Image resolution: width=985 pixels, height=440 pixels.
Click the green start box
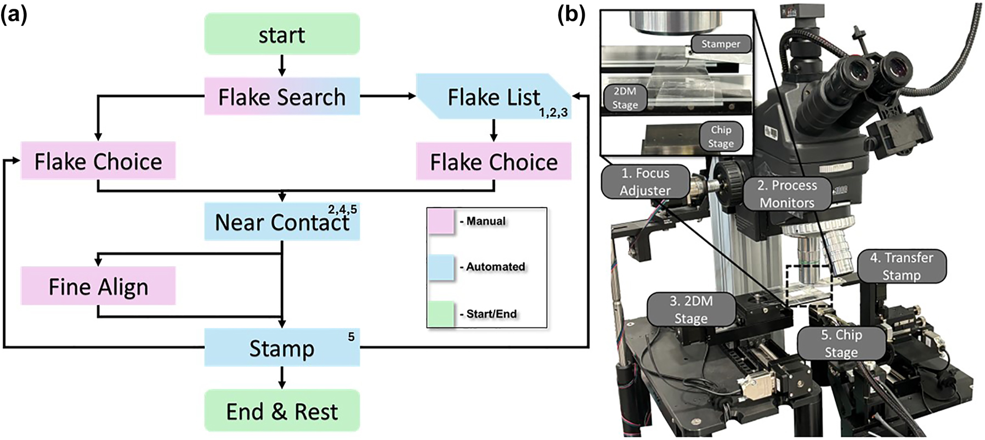coord(282,35)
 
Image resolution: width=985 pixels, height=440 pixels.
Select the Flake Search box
coord(282,97)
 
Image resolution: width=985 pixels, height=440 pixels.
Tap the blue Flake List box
coord(494,97)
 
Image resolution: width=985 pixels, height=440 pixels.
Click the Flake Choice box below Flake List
coord(494,162)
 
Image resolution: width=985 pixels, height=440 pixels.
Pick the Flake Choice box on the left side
coord(98,161)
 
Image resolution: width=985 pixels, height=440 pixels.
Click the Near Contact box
coord(282,222)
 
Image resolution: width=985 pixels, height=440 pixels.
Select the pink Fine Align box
coord(98,286)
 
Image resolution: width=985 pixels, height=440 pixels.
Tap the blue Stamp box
coord(282,348)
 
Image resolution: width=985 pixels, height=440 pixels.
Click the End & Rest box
coord(282,411)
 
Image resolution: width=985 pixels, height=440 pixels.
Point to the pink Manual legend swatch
coord(441,222)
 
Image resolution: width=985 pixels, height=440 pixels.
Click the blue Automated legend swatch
coord(441,267)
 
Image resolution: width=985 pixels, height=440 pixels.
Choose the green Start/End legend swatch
coord(441,314)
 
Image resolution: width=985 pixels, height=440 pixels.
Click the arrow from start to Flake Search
coord(282,65)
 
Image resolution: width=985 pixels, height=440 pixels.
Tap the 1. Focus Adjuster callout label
coord(645,182)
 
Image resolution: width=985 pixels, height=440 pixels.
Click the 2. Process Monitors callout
coord(786,194)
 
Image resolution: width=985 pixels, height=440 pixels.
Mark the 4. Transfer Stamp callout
coord(901,266)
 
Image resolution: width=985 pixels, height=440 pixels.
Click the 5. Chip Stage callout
coord(841,343)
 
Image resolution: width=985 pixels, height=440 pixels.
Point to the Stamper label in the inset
coord(720,44)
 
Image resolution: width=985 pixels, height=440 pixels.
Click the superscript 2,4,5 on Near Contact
coord(342,210)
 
